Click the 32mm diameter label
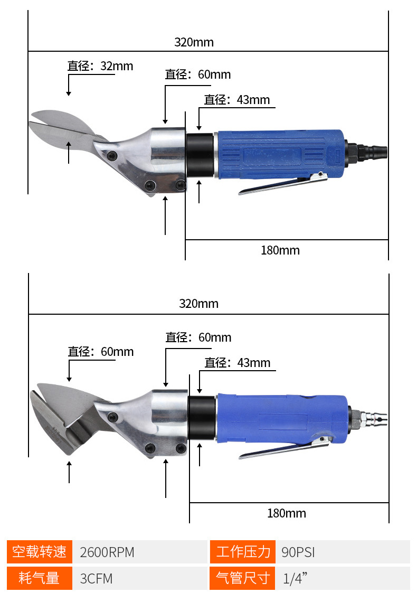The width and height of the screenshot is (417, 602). pyautogui.click(x=100, y=66)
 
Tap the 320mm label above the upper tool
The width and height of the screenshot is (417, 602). pyautogui.click(x=194, y=42)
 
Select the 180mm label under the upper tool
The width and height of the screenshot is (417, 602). pyautogui.click(x=280, y=250)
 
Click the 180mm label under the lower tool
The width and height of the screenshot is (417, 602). pyautogui.click(x=287, y=513)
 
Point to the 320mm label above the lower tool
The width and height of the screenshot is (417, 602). pyautogui.click(x=198, y=304)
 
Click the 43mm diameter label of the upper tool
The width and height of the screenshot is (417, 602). pyautogui.click(x=236, y=100)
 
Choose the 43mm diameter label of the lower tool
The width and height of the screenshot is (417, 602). pyautogui.click(x=238, y=363)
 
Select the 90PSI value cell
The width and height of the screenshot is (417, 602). pyautogui.click(x=343, y=552)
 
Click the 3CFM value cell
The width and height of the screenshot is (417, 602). pyautogui.click(x=140, y=578)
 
